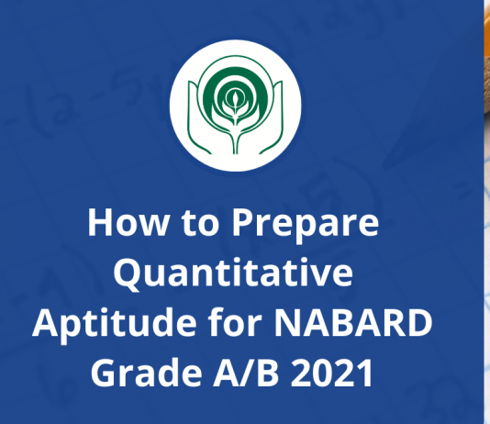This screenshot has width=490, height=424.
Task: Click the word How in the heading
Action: (118, 224)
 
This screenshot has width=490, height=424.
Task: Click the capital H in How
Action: (99, 224)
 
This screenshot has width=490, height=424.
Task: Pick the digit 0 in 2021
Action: (321, 374)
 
